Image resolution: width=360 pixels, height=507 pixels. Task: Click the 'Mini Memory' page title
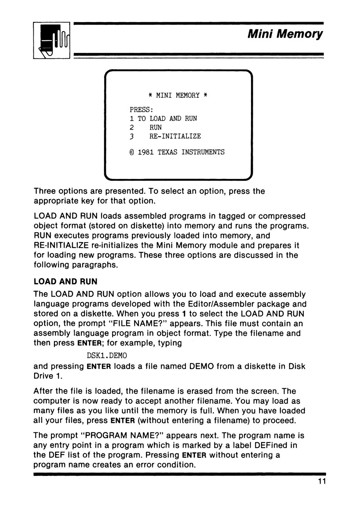pyautogui.click(x=285, y=34)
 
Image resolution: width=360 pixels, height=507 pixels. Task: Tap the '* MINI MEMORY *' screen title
pyautogui.click(x=178, y=96)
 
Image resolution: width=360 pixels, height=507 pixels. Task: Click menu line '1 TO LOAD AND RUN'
pyautogui.click(x=163, y=118)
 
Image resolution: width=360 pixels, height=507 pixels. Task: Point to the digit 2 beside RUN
pyautogui.click(x=132, y=127)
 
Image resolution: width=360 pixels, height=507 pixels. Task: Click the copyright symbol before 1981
pyautogui.click(x=132, y=152)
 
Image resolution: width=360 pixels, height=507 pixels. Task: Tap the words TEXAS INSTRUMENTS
pyautogui.click(x=191, y=152)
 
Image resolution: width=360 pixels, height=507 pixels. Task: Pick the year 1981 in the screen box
pyautogui.click(x=146, y=152)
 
